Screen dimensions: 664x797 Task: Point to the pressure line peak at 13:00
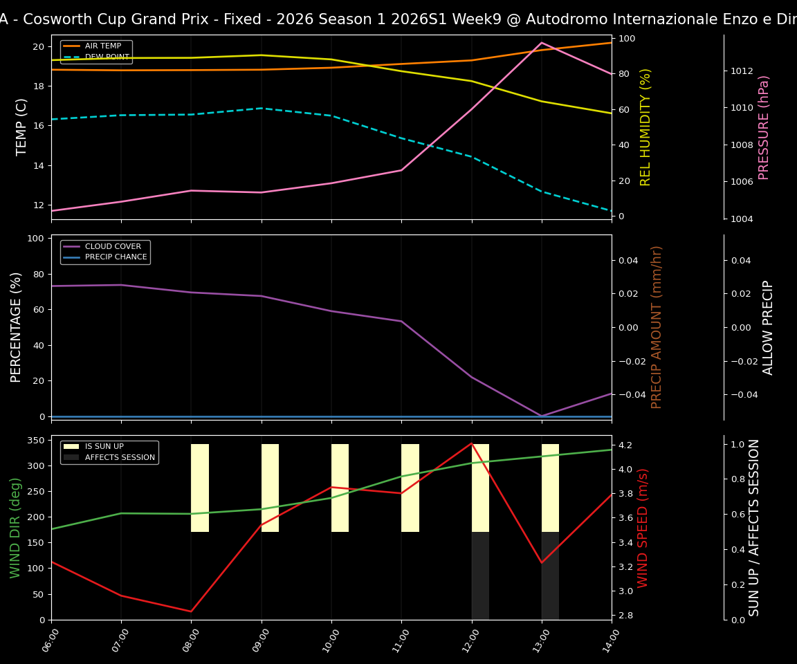541,43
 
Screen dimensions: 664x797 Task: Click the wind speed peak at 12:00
472,443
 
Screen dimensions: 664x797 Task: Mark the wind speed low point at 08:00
191,611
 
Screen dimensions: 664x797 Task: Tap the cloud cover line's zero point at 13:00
542,416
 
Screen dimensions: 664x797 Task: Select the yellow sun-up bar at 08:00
200,488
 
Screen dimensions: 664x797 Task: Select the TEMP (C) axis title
22,127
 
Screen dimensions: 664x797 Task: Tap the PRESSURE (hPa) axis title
764,127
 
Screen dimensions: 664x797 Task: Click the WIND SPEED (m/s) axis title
643,528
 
